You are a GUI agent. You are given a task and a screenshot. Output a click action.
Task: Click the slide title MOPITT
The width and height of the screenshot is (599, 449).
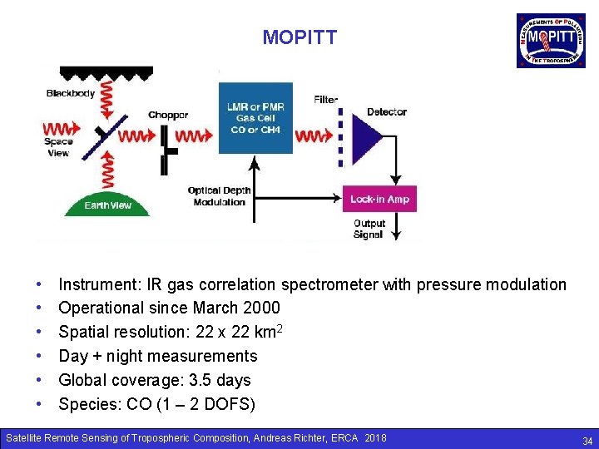(x=299, y=37)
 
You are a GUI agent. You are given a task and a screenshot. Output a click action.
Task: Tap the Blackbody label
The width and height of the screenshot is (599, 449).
(x=71, y=93)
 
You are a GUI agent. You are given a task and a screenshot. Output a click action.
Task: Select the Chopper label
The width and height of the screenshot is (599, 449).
(x=168, y=115)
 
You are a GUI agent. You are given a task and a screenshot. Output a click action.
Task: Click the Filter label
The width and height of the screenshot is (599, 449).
(x=326, y=100)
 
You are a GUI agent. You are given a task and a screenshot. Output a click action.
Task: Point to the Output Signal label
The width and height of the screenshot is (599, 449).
(x=369, y=229)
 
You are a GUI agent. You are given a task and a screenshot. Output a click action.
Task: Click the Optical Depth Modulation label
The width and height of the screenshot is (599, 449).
(x=219, y=196)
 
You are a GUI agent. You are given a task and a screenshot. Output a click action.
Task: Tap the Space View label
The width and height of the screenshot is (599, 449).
(x=59, y=147)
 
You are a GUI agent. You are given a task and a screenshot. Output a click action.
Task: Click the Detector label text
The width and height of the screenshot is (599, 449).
(x=387, y=111)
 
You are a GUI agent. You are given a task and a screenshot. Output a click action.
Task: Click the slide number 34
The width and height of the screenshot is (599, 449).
(x=587, y=441)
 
